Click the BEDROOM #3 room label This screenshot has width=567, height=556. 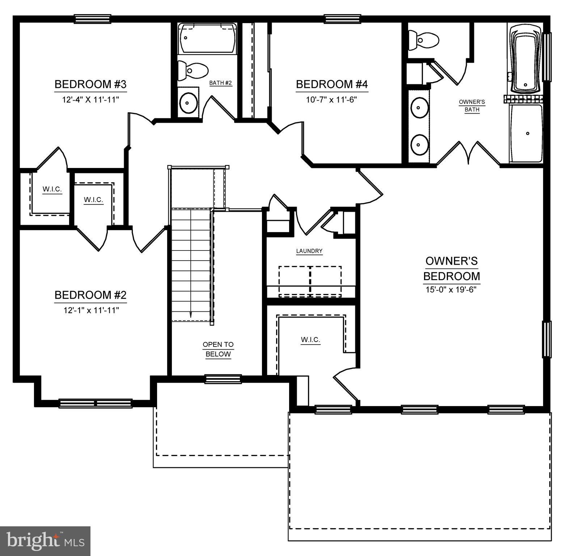(90, 84)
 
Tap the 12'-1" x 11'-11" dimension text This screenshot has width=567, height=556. (90, 310)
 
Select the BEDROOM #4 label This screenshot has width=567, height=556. (332, 84)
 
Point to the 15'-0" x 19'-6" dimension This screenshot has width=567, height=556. (451, 290)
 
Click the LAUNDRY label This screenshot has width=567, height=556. (309, 251)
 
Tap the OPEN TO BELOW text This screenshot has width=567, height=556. (218, 349)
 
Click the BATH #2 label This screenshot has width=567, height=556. (220, 83)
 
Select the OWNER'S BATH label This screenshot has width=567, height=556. (472, 106)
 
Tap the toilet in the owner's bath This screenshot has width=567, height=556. (423, 40)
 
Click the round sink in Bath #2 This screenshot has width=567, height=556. (188, 102)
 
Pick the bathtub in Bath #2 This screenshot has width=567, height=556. (207, 38)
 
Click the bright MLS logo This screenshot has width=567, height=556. (45, 541)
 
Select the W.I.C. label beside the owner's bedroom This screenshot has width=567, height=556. (310, 340)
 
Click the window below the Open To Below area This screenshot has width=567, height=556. (223, 379)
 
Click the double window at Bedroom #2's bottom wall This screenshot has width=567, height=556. (96, 403)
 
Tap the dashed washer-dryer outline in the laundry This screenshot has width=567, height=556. (310, 282)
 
